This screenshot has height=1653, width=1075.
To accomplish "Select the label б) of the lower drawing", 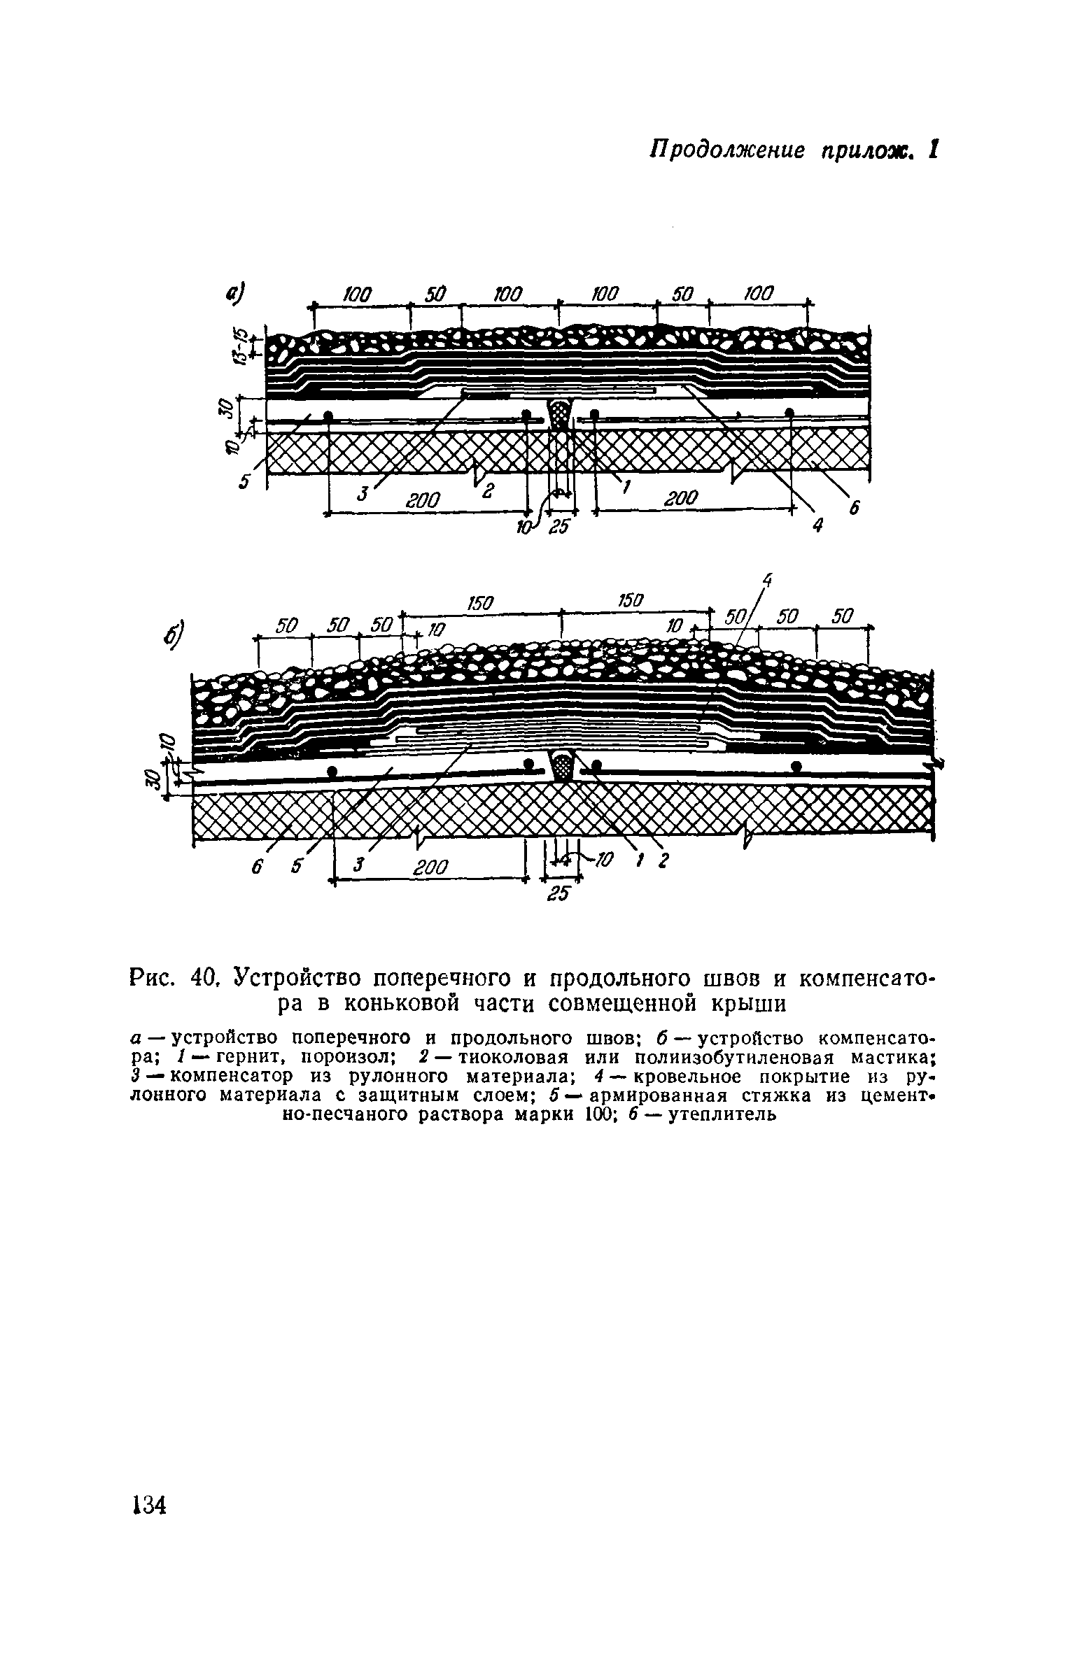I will pos(174,635).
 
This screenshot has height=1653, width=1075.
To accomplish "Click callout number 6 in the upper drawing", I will pos(853,510).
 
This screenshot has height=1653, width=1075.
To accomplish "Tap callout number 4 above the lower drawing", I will pos(768,580).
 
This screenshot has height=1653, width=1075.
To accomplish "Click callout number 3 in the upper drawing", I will pos(362,494).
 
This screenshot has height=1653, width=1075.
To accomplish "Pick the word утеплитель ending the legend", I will pos(722,1114).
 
